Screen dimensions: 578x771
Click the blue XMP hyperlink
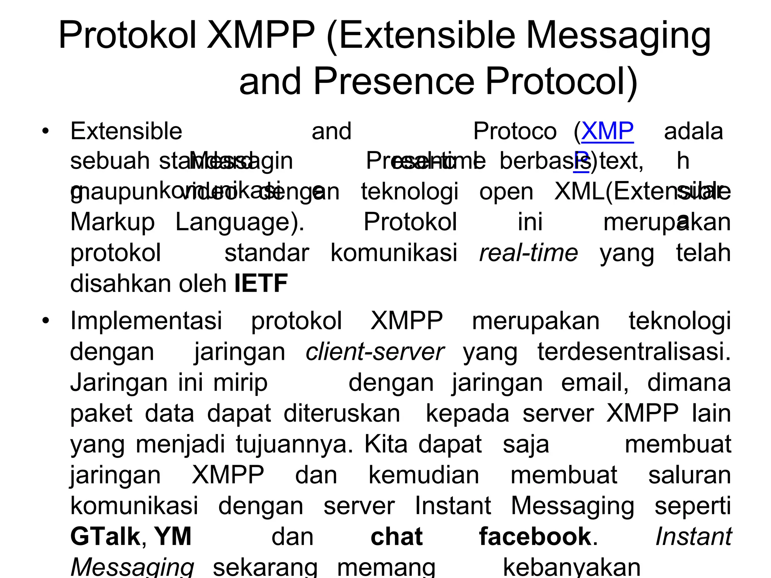(607, 132)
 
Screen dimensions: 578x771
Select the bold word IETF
(261, 283)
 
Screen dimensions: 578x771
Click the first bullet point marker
(46, 132)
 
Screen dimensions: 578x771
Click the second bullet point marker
(46, 321)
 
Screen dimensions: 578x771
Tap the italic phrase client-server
(375, 352)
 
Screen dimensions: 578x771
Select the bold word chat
(396, 537)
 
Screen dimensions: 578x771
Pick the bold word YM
(173, 537)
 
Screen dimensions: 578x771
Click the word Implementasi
(146, 321)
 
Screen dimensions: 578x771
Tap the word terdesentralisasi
(634, 352)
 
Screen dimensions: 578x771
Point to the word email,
(595, 383)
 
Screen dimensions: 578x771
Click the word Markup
(113, 222)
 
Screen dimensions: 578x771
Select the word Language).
(240, 222)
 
